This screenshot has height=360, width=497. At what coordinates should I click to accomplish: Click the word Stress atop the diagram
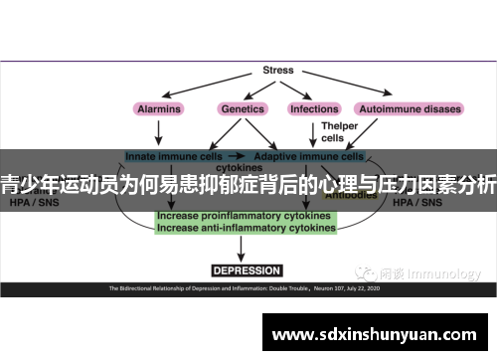pos(277,71)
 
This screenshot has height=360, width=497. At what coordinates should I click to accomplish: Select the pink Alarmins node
pos(158,108)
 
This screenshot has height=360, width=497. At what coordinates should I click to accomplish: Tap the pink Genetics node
pos(242,108)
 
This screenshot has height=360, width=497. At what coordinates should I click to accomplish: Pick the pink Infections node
pos(313,108)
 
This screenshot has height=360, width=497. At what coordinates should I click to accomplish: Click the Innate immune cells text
pos(165,156)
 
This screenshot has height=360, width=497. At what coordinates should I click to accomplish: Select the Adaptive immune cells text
pos(309,156)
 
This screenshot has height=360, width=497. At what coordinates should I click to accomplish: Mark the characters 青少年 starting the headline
pos(30,183)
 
